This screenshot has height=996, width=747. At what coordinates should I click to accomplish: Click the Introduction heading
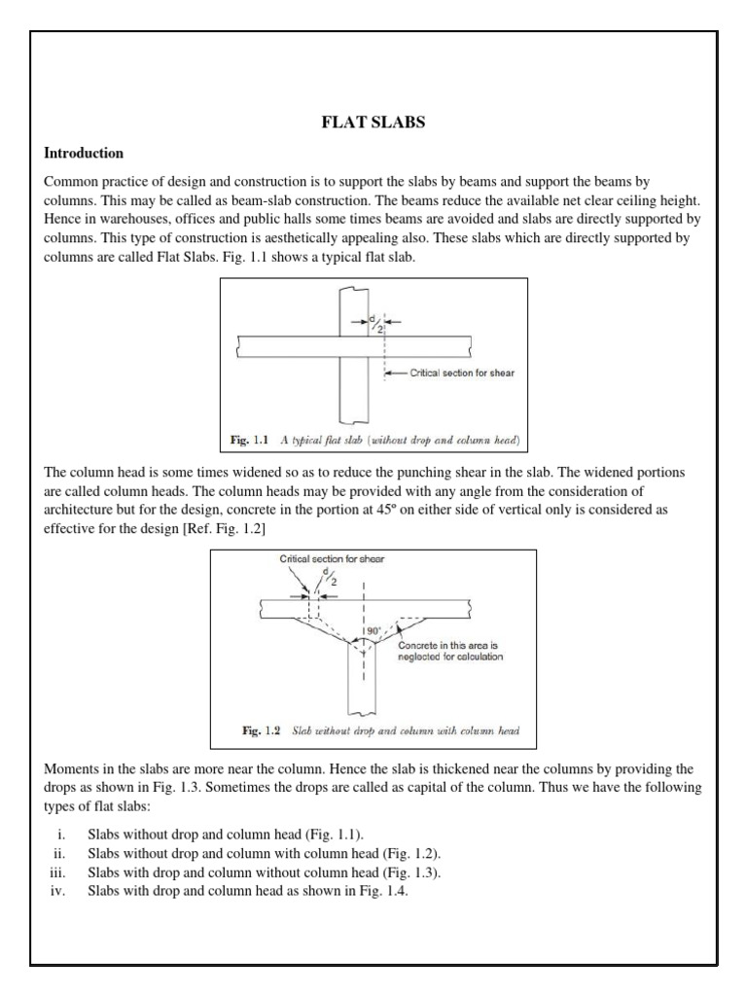(x=84, y=153)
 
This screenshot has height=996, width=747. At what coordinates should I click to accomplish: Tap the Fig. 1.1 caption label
(x=250, y=441)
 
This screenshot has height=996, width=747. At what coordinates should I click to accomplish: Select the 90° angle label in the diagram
(x=373, y=631)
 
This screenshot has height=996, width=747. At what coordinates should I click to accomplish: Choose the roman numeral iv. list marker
(x=55, y=889)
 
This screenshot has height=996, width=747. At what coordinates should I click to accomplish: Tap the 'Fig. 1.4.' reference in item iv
(x=385, y=889)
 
